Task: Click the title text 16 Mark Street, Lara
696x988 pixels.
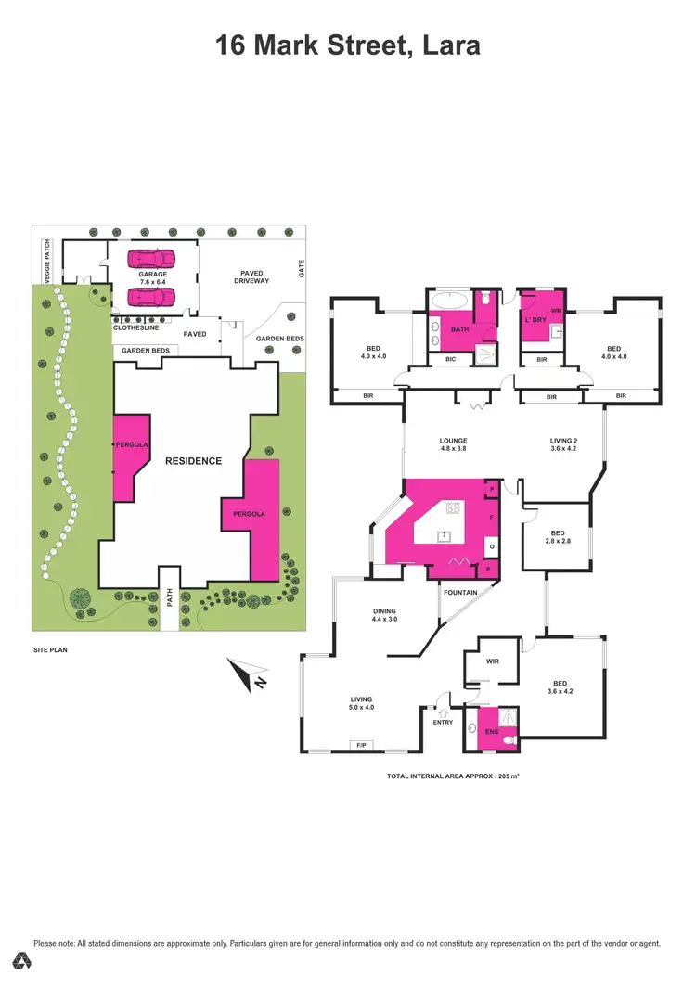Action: [x=348, y=44]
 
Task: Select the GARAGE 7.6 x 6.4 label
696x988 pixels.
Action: [x=153, y=279]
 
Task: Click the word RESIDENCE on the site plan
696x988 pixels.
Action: [x=194, y=460]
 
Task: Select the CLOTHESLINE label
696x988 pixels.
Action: [x=135, y=327]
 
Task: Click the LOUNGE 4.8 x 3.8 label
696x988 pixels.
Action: [x=454, y=445]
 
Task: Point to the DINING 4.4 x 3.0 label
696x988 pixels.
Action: [x=383, y=614]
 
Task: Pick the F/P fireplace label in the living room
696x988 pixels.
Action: [x=359, y=745]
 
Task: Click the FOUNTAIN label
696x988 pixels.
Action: [x=460, y=592]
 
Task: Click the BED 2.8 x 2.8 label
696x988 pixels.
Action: [x=557, y=538]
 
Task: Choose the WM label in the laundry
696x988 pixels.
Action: [x=556, y=311]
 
